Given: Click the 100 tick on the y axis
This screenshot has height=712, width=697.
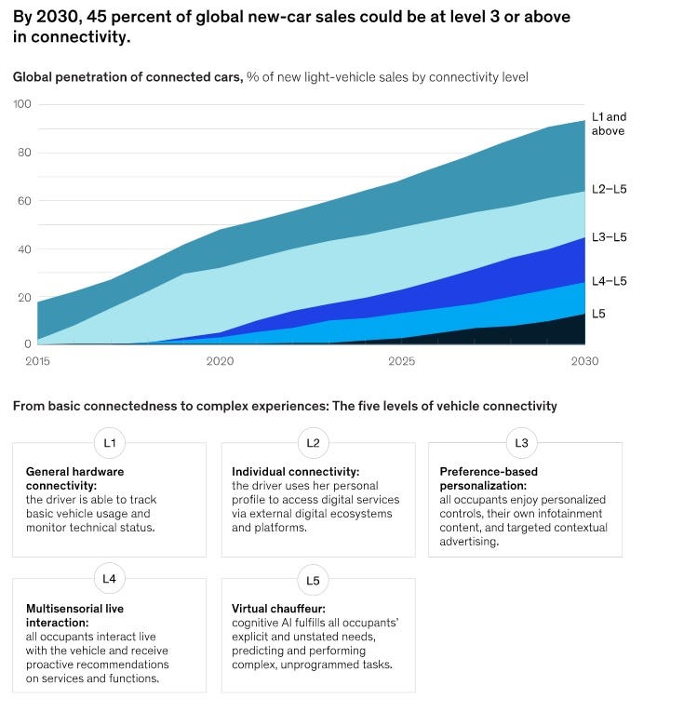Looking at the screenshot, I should (21, 104).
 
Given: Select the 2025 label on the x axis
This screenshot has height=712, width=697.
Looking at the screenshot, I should (401, 360).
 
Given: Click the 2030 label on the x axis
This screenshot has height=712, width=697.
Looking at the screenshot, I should (585, 360).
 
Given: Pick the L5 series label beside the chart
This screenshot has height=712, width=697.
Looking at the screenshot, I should (598, 314).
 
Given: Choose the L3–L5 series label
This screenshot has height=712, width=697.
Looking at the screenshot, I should (610, 237).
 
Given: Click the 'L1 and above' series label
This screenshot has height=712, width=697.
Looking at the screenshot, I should (610, 124).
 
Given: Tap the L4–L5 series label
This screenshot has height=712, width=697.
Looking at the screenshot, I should (610, 280).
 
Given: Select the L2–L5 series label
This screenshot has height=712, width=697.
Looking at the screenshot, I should (610, 189).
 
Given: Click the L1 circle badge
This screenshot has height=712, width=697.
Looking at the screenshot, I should (109, 443).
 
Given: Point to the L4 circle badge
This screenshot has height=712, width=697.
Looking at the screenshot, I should (109, 579).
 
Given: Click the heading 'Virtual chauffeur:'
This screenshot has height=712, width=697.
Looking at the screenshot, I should (280, 609).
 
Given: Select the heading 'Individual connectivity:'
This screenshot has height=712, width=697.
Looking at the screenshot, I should (295, 472).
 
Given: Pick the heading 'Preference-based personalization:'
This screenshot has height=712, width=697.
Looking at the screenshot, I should (495, 478).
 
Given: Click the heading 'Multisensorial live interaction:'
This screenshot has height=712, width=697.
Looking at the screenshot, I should (75, 615).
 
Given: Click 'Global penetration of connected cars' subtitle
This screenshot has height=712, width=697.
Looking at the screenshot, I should (127, 76).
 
